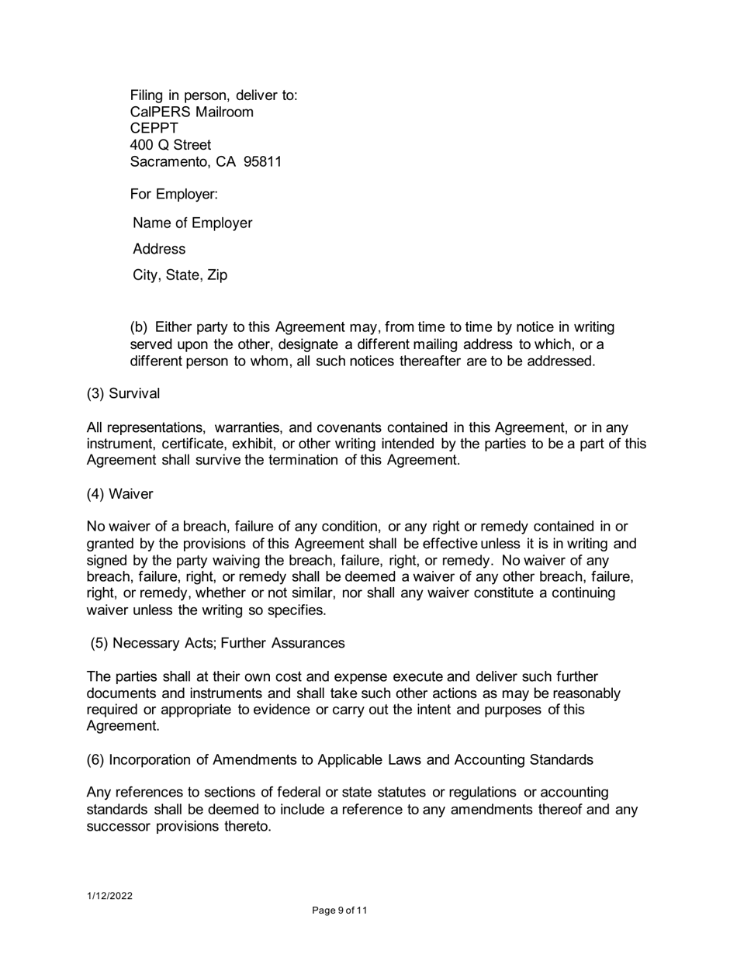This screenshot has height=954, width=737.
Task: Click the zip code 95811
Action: click(263, 162)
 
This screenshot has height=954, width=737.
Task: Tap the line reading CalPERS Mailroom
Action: click(192, 112)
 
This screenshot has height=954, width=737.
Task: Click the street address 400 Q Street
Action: click(170, 145)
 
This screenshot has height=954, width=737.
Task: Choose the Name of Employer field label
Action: click(192, 223)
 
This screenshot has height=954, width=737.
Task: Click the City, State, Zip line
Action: click(180, 275)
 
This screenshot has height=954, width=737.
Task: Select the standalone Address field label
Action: click(159, 249)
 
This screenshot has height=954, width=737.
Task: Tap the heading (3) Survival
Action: click(123, 393)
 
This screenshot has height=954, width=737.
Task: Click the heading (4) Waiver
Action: click(120, 493)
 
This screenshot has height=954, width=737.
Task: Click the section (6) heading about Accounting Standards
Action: click(340, 759)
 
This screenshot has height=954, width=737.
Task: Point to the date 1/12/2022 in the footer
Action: click(109, 896)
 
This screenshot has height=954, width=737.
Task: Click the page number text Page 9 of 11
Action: click(340, 910)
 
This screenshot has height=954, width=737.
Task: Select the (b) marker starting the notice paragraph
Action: click(138, 327)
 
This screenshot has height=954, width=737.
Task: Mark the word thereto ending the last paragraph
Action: click(247, 826)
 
